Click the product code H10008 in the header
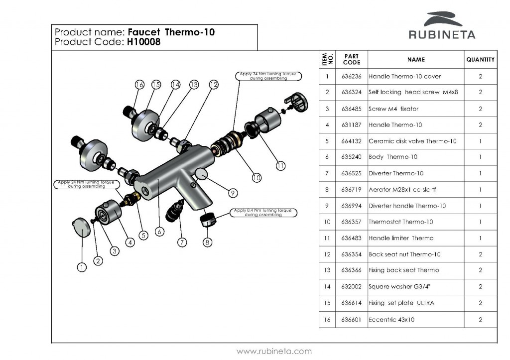click(x=143, y=42)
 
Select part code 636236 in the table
click(x=352, y=76)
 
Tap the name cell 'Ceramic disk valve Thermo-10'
click(x=412, y=141)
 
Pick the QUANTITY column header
click(x=480, y=60)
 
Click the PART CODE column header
click(x=352, y=60)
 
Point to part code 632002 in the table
click(x=352, y=287)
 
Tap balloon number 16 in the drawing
click(x=139, y=85)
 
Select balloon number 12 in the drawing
click(x=214, y=85)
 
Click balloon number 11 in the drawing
click(x=281, y=166)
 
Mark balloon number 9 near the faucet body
click(x=233, y=192)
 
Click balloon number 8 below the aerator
click(x=208, y=242)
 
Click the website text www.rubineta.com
click(x=274, y=351)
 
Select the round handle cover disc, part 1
click(x=80, y=228)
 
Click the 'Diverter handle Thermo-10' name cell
click(x=407, y=206)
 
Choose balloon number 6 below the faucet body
click(x=159, y=232)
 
